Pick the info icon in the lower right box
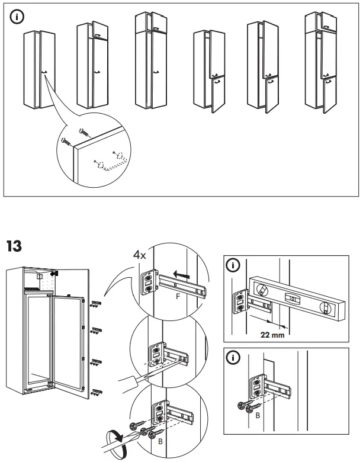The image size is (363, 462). (234, 358)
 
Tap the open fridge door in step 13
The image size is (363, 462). (66, 349)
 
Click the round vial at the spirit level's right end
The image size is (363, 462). (325, 307)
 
